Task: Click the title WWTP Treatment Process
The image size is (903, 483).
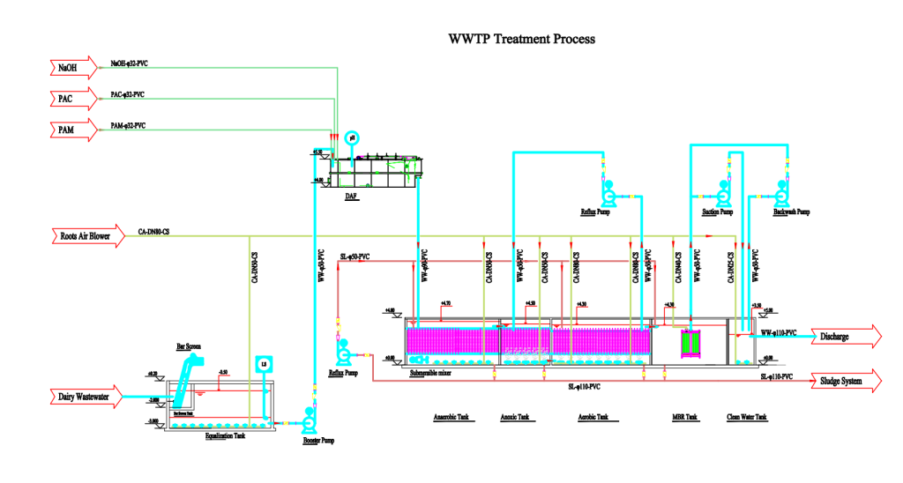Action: [522, 39]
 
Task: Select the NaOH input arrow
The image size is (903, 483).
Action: [71, 67]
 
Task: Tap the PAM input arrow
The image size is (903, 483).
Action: [71, 130]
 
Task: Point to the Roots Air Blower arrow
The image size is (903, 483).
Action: [85, 236]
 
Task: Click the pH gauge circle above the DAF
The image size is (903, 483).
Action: [351, 137]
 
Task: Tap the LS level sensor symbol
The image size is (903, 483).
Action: [261, 364]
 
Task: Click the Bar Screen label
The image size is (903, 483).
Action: [189, 346]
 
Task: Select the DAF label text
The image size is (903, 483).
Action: [351, 197]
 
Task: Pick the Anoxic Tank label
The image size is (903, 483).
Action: [518, 417]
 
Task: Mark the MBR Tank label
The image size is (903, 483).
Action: [685, 417]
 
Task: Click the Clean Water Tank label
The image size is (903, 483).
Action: [746, 417]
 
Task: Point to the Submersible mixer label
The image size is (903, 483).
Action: [432, 373]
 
